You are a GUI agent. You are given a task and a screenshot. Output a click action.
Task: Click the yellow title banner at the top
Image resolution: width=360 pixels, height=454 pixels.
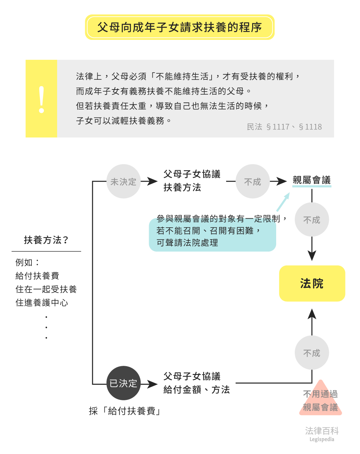(x=179, y=27)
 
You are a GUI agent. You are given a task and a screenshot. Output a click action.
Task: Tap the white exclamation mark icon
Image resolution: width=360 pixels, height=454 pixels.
(x=41, y=99)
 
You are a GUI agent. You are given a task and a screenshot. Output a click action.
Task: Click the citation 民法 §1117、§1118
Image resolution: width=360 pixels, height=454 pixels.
(x=284, y=127)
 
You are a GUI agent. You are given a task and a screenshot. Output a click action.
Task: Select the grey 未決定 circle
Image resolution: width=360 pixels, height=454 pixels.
(x=123, y=182)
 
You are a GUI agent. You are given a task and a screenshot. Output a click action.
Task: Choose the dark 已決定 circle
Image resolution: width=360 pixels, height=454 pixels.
(x=123, y=383)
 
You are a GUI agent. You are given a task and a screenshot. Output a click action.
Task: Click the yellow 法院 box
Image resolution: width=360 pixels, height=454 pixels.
(x=312, y=283)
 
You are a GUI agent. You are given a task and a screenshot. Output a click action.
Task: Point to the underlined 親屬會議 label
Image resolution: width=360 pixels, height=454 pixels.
(x=311, y=180)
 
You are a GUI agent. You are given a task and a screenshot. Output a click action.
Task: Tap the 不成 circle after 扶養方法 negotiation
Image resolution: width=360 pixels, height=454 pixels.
(x=253, y=182)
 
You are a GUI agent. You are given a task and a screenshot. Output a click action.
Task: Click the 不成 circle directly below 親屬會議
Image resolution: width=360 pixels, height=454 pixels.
(x=312, y=220)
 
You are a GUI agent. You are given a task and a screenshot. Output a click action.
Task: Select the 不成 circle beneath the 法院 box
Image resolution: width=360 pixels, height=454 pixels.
(x=312, y=353)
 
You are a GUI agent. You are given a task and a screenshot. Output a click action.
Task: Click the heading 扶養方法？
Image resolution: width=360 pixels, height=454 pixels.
(x=46, y=240)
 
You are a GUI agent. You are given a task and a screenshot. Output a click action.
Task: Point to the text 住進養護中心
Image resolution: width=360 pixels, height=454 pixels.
(x=42, y=303)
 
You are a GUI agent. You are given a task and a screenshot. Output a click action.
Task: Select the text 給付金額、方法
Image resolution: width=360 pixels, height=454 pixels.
(x=196, y=390)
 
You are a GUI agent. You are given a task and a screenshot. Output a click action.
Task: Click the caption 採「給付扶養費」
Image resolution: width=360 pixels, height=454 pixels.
(x=124, y=411)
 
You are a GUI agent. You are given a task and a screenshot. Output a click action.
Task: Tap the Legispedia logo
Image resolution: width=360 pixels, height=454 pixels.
(x=321, y=434)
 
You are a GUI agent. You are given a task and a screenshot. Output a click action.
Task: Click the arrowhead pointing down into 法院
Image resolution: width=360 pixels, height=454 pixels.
(x=312, y=255)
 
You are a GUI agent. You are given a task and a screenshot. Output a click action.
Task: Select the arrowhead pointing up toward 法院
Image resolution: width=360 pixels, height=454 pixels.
(x=312, y=314)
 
